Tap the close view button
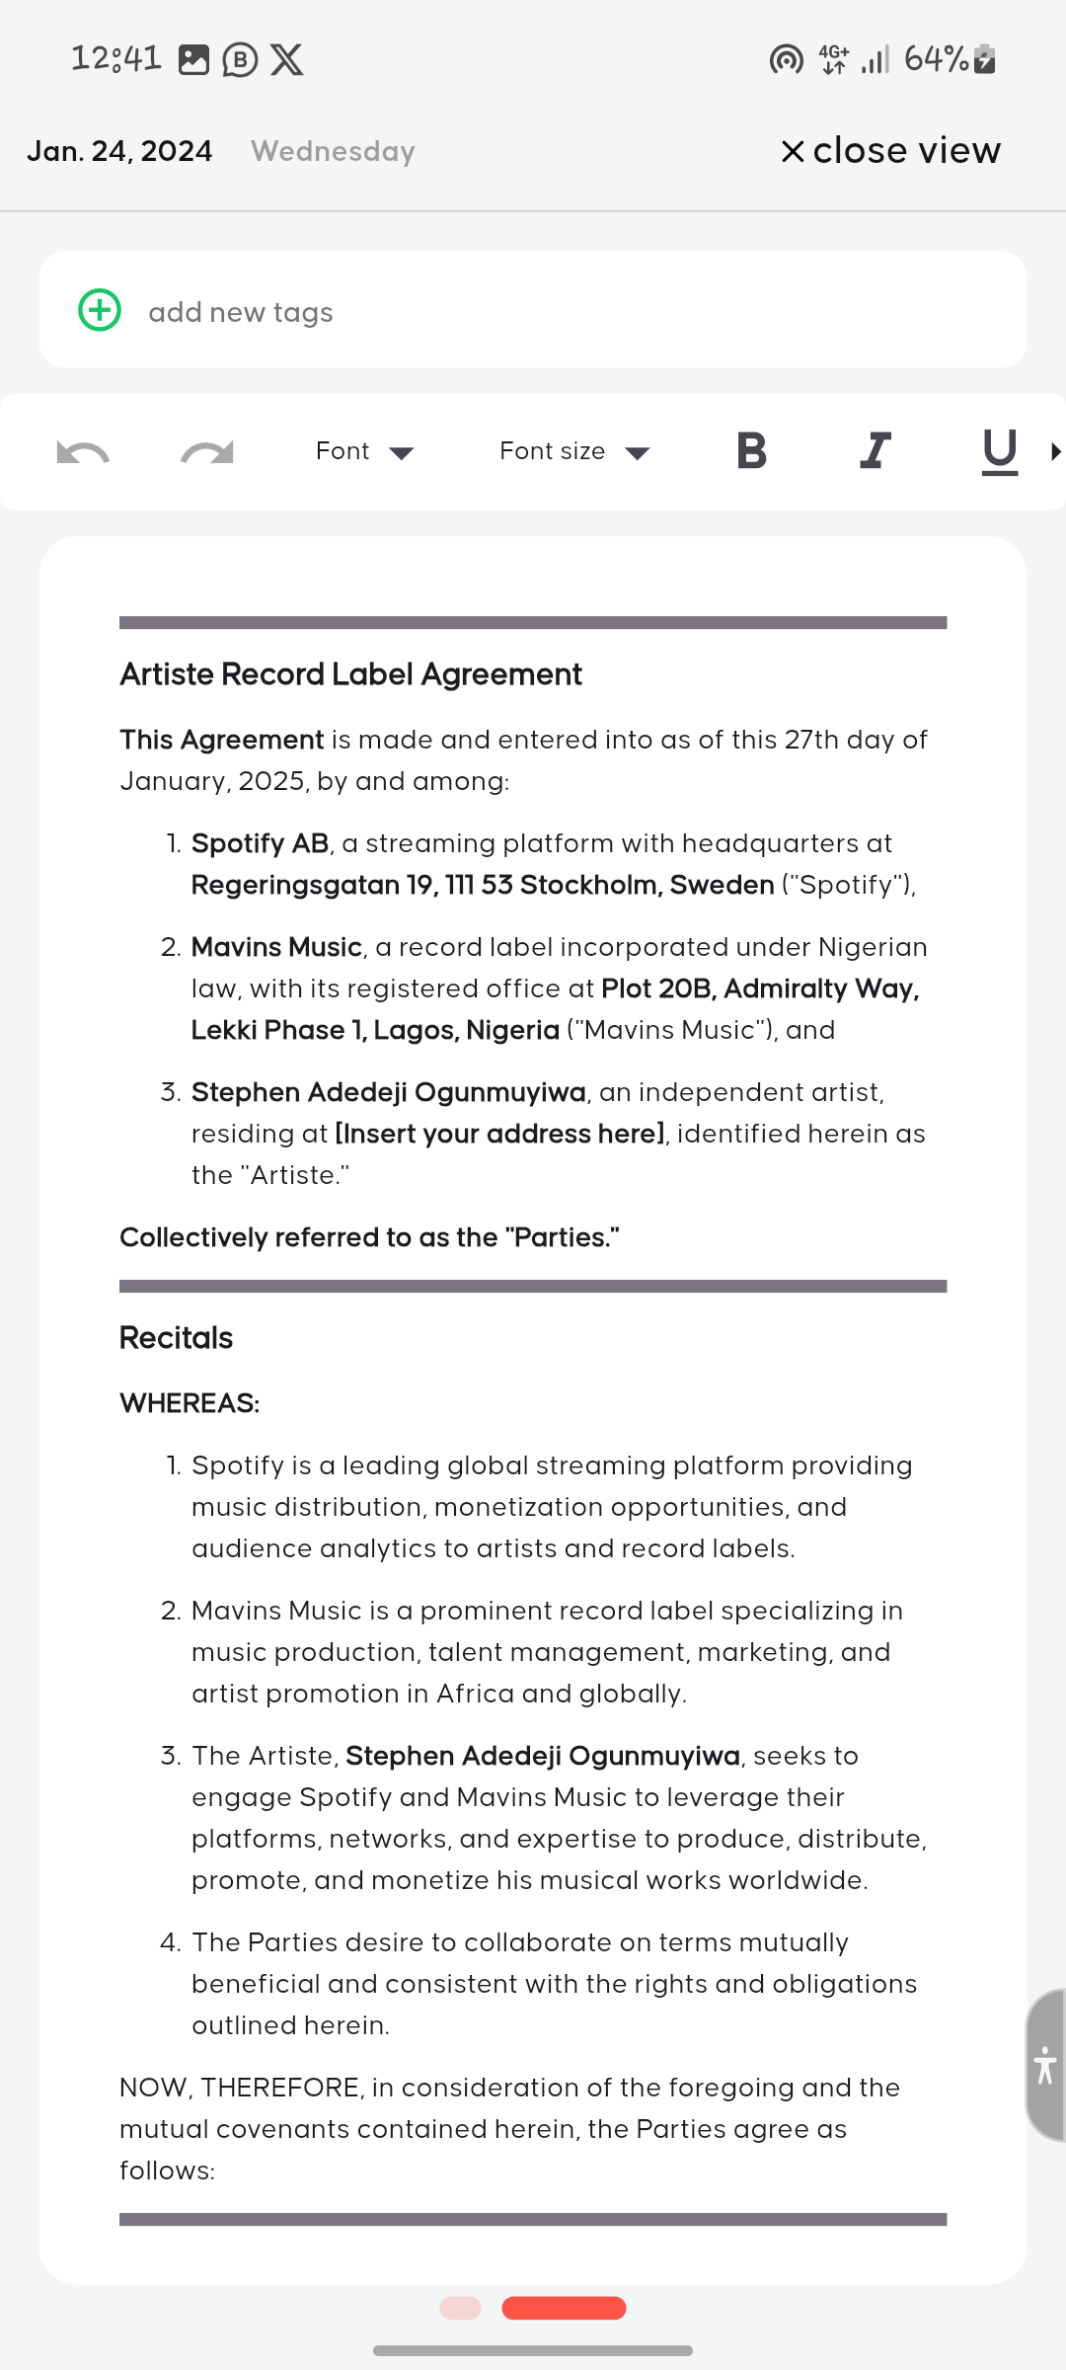pos(891,151)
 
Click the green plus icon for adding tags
pos(100,310)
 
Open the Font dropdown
pos(364,451)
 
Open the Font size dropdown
pos(574,451)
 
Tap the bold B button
pos(751,450)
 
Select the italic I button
pos(876,450)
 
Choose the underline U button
pos(999,451)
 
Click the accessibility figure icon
pos(1045,2065)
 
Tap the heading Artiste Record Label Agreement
pos(350,674)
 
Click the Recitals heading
pos(176,1338)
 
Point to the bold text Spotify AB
pos(260,843)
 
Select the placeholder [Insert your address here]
pos(499,1134)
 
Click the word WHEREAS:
pos(190,1403)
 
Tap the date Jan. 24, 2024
pos(119,151)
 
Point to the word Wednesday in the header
pos(333,151)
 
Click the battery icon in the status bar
pos(985,59)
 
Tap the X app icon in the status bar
pos(287,59)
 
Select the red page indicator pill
pos(564,2308)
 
